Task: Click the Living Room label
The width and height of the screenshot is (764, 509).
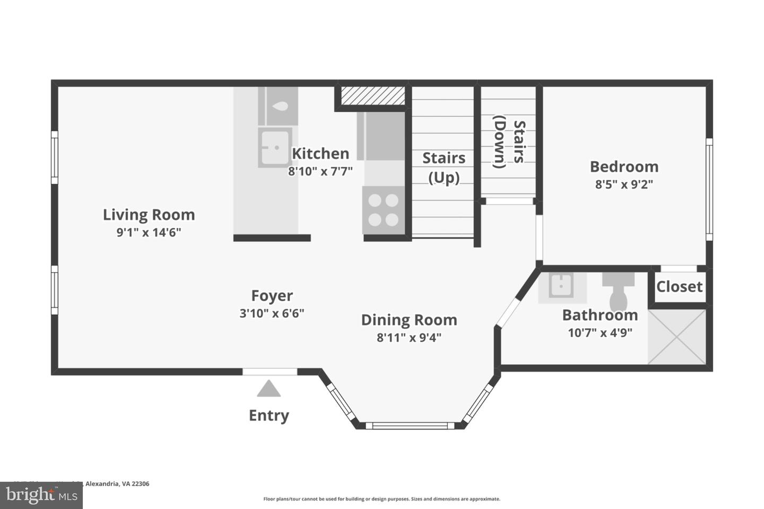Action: coord(149,215)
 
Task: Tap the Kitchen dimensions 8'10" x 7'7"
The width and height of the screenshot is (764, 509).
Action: coord(320,171)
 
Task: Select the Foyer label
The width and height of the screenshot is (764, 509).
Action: coord(272,296)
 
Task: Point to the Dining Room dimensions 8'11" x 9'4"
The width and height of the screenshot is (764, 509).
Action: coord(409,337)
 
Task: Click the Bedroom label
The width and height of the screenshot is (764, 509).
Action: coord(624,166)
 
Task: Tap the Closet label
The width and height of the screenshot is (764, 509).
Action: coord(679,287)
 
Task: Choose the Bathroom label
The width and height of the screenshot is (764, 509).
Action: coord(600,315)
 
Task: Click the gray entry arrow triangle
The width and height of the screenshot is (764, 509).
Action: coord(269,389)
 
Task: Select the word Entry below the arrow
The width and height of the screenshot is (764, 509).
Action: coord(269,415)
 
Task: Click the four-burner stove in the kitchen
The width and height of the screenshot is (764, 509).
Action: coord(383,210)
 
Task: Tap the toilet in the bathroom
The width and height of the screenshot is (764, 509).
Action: coord(618,292)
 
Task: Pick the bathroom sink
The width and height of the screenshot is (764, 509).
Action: coord(561,287)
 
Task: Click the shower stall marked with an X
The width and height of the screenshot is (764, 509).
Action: coord(677,337)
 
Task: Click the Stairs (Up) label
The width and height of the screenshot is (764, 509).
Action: coord(444,168)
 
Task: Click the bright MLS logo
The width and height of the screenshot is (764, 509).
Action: coord(41,495)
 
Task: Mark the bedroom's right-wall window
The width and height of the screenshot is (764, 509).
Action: coord(709,189)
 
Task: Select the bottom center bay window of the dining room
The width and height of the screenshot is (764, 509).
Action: coord(410,425)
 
